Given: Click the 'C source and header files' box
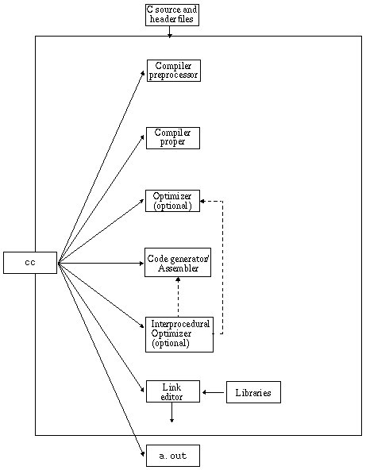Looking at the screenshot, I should tap(171, 14).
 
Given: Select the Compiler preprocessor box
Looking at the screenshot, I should tap(173, 70).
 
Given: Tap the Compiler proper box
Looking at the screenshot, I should tap(172, 137).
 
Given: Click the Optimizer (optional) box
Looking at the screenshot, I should tap(172, 201).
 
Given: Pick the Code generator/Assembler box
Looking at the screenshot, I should tap(178, 263).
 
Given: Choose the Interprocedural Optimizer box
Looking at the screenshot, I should tap(179, 334).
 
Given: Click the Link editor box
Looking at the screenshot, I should tap(172, 391).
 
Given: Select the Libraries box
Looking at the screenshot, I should tap(253, 392).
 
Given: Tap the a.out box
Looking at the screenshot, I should tap(172, 456).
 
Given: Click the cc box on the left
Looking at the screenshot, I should tap(30, 263).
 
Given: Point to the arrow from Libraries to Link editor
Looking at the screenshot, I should tap(213, 392).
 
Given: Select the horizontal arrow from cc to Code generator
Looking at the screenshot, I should tap(101, 263).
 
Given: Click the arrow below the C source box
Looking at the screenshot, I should tap(170, 31).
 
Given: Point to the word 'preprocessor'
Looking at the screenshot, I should tap(173, 75).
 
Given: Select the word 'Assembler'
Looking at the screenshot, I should tap(178, 268).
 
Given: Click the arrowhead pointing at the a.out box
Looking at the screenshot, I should tap(141, 452).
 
